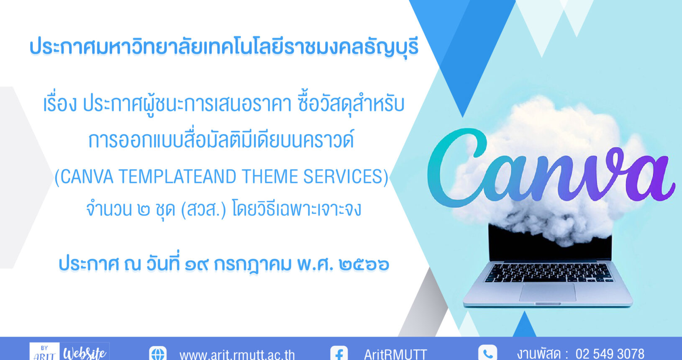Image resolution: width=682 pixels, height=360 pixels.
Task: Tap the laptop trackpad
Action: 547,293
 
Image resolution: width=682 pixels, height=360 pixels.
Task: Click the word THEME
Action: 269,177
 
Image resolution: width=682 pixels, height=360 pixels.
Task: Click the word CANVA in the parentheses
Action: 87,177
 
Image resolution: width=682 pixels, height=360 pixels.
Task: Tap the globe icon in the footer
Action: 158,353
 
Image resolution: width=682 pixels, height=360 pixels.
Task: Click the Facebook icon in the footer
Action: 339,353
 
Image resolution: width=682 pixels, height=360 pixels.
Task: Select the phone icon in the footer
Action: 487,353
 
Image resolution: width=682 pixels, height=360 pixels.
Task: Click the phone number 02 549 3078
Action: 610,354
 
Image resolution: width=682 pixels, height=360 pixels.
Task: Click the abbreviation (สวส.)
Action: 203,210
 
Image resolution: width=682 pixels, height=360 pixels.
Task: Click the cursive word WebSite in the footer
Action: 85,353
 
